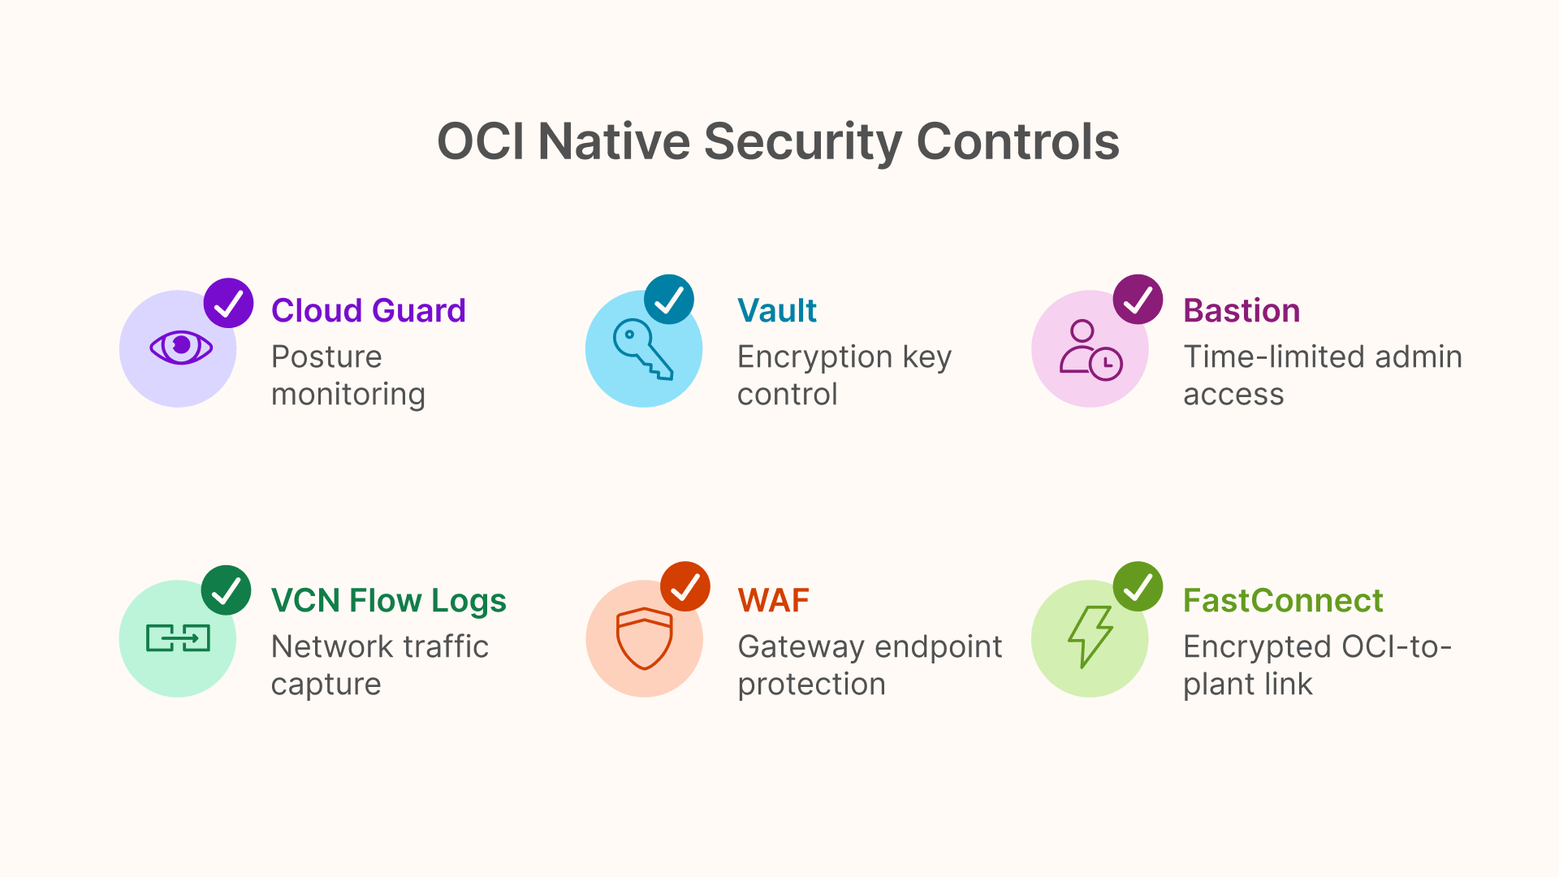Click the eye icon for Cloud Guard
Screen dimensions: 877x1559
(x=180, y=348)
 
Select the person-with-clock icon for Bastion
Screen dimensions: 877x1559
(x=1090, y=350)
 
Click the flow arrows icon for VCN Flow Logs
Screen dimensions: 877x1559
(x=178, y=638)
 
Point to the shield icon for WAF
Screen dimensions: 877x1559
(x=644, y=638)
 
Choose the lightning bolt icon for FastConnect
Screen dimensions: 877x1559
(x=1090, y=637)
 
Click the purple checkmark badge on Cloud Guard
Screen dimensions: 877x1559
(x=228, y=303)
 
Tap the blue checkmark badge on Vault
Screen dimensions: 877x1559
(x=669, y=300)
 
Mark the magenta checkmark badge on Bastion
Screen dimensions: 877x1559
(x=1138, y=300)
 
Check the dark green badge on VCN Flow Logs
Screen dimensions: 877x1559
(x=226, y=590)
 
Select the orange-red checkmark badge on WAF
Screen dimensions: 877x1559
(x=685, y=586)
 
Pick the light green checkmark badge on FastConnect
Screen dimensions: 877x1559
(x=1138, y=586)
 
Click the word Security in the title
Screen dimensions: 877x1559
(x=802, y=142)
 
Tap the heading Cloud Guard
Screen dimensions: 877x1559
(x=368, y=310)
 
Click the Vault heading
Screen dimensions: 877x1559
(x=776, y=310)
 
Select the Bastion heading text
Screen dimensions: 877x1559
(x=1241, y=310)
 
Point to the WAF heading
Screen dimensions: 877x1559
(x=773, y=601)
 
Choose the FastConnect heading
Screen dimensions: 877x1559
(x=1282, y=601)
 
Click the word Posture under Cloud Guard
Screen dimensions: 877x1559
(x=326, y=357)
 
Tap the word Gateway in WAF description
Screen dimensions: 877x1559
(x=800, y=647)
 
